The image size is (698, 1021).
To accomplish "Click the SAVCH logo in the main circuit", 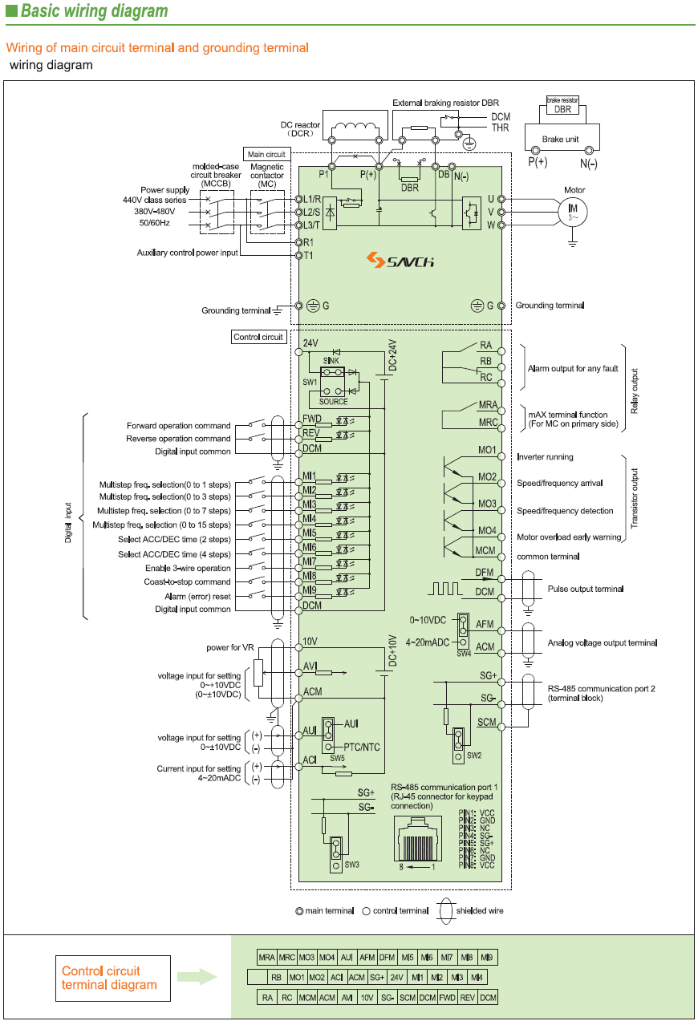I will click(x=400, y=260).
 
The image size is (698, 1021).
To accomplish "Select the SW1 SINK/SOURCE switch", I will click(x=333, y=373).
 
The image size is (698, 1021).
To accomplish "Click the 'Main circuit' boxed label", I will click(x=266, y=154).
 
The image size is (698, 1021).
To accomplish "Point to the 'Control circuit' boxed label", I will click(x=258, y=337).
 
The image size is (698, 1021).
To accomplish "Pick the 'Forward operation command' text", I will click(x=178, y=426).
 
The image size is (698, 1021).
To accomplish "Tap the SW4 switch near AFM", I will click(x=463, y=630).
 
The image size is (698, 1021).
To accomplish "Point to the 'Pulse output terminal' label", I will click(x=585, y=590).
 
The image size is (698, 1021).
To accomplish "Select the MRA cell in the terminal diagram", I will click(x=266, y=958).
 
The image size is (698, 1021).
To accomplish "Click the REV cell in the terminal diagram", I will click(x=467, y=998).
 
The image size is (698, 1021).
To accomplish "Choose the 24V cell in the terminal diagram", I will click(x=396, y=978).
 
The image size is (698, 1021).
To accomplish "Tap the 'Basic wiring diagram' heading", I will click(x=94, y=11).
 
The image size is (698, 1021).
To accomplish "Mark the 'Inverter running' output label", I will click(x=545, y=457).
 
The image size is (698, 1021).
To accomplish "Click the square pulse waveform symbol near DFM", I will click(x=445, y=589).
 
